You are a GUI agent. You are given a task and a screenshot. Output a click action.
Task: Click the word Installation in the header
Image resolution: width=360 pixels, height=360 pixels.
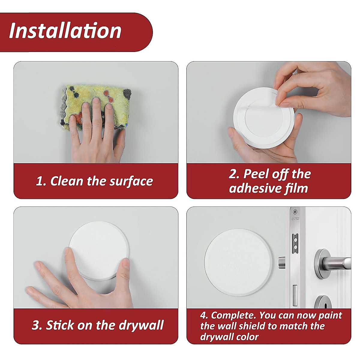(x=65, y=31)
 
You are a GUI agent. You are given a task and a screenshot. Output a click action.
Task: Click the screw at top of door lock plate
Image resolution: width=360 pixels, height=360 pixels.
(x=295, y=211)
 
